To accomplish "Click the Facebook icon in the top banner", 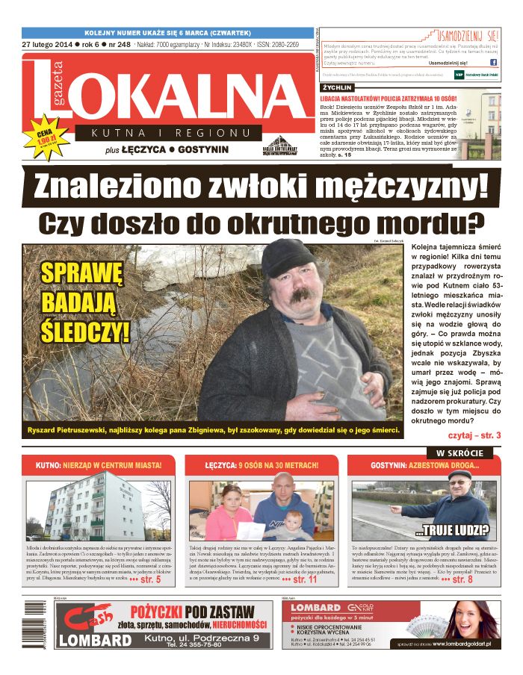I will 493,63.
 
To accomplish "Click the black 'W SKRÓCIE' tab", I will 460,453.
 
